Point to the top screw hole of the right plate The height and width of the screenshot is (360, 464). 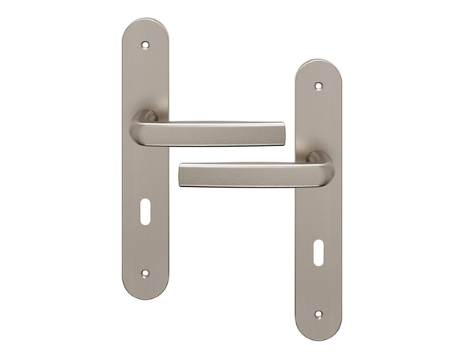click(318, 85)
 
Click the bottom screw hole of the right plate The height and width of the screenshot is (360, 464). click(318, 314)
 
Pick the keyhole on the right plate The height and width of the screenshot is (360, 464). click(318, 254)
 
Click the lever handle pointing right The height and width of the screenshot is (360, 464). click(217, 133)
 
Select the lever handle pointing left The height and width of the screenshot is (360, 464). click(247, 175)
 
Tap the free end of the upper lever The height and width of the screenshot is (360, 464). click(278, 133)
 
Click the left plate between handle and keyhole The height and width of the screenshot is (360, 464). click(145, 178)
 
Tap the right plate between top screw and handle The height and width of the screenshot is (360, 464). click(318, 120)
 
